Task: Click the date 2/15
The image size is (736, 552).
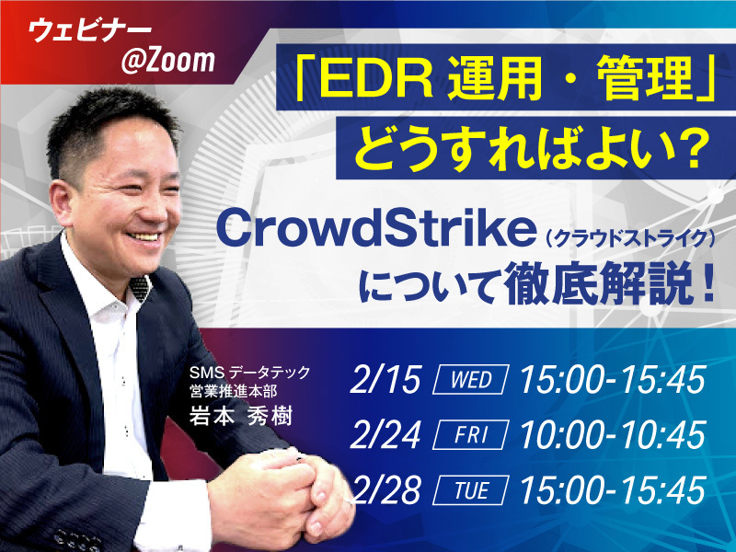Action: [387, 380]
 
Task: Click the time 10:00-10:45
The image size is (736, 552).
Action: [612, 433]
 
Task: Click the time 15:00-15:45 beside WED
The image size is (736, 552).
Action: [612, 380]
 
